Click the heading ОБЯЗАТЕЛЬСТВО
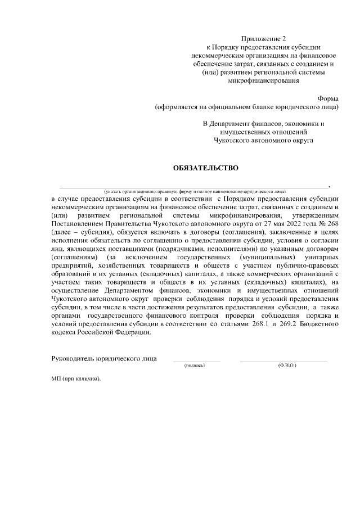[205, 168]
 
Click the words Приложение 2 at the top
[263, 39]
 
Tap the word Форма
[328, 97]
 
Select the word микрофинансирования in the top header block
[263, 80]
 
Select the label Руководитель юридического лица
[104, 358]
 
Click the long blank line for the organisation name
[191, 186]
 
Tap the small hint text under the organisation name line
[191, 191]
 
